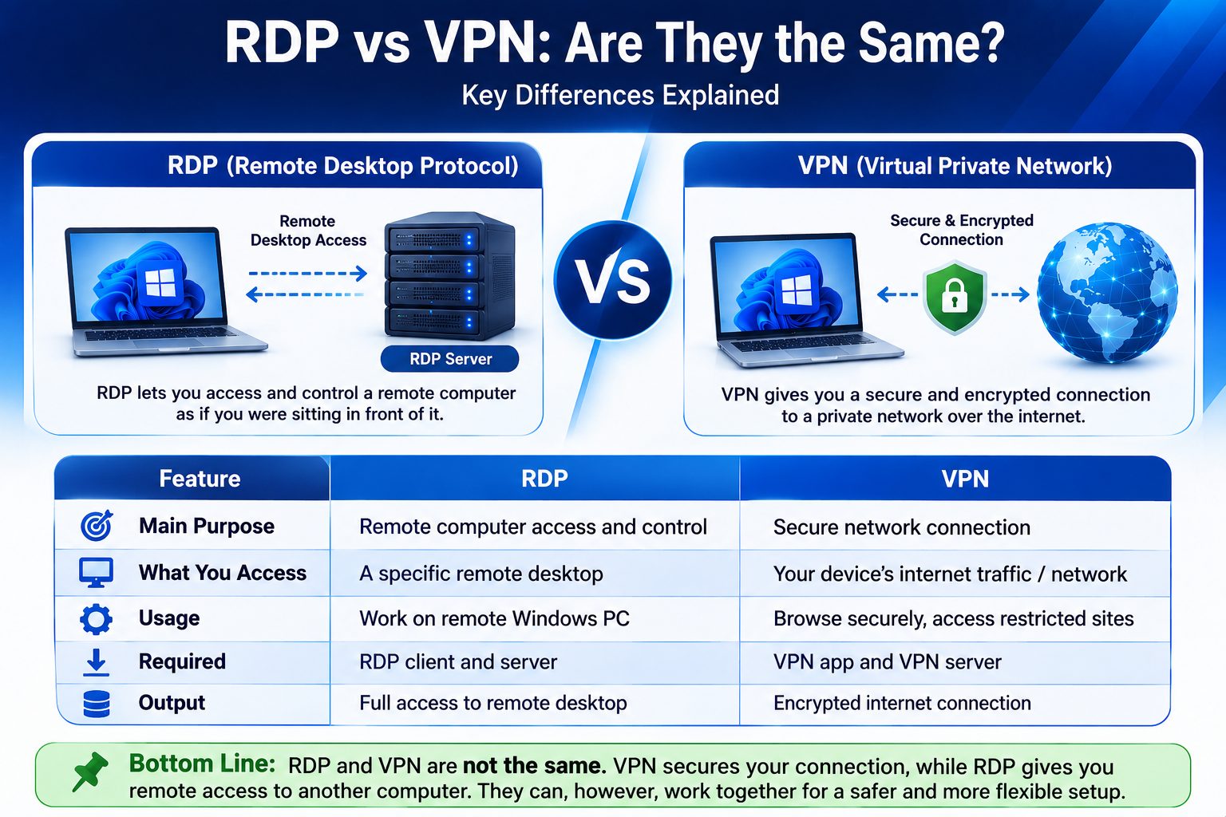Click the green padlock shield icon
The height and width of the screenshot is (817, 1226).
[x=955, y=298]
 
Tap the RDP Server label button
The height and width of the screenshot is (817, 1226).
[x=450, y=359]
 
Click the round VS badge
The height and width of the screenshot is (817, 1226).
[x=612, y=281]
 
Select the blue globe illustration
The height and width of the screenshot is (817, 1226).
[x=1107, y=293]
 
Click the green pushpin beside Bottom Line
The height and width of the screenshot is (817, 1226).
[x=89, y=772]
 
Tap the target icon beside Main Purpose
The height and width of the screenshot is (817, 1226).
[x=97, y=526]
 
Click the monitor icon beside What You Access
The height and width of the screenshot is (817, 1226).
[x=97, y=573]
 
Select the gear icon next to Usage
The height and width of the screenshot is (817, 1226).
[x=97, y=619]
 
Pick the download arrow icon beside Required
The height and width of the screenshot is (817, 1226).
[x=97, y=662]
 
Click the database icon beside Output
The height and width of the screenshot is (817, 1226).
[x=97, y=704]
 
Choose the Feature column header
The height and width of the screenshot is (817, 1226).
[x=200, y=479]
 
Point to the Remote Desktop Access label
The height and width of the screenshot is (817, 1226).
[x=308, y=231]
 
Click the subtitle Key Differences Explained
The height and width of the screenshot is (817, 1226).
[x=620, y=95]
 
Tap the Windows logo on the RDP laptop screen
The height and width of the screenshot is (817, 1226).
[x=160, y=283]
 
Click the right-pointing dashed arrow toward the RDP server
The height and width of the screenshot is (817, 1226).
[x=307, y=273]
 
